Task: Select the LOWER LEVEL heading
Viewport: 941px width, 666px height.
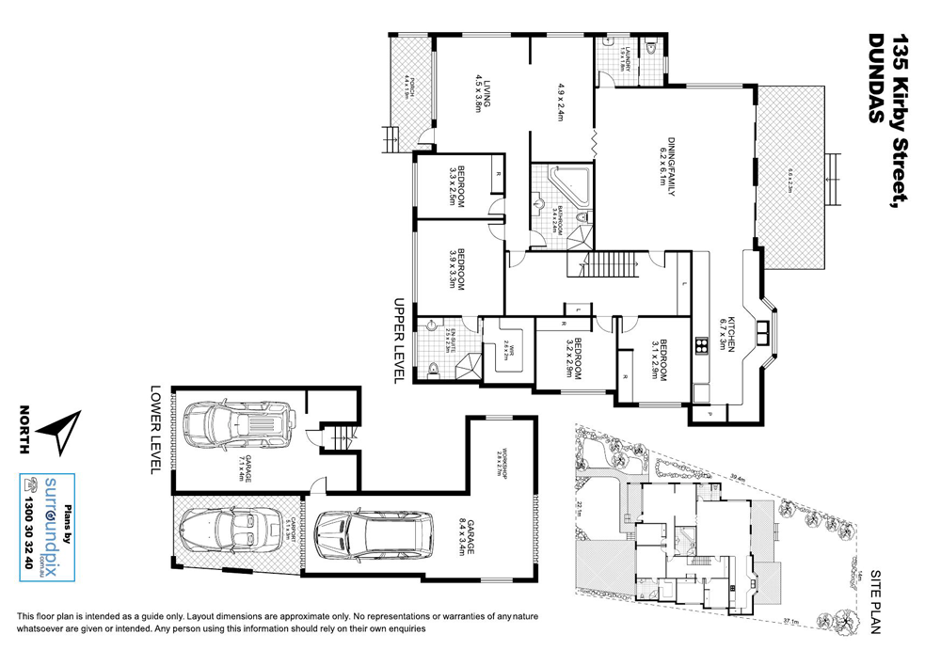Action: (156, 428)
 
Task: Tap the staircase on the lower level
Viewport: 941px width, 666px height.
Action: (339, 437)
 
